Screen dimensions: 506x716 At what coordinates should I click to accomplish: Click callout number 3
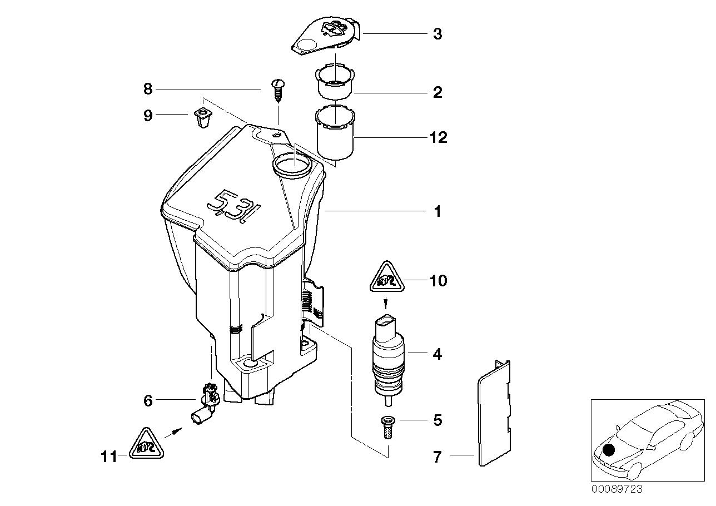(x=437, y=34)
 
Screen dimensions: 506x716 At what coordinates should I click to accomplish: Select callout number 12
(x=438, y=137)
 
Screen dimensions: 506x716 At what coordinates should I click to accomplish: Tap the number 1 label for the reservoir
(x=437, y=212)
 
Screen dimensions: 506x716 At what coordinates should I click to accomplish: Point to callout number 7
(x=437, y=457)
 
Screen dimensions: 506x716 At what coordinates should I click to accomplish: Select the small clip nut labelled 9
(x=200, y=117)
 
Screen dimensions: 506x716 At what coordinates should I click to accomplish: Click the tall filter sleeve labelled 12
(x=335, y=133)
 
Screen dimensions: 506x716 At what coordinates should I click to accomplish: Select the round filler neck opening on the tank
(x=293, y=165)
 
